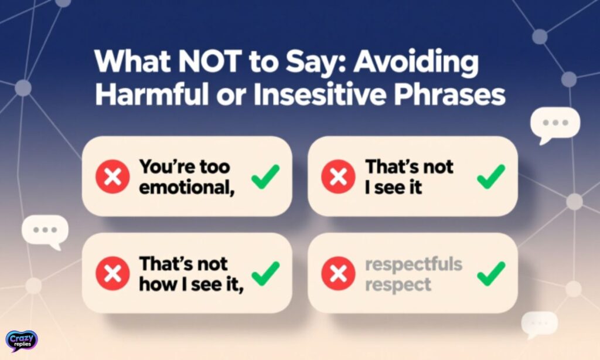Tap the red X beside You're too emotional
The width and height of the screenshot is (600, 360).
point(112,176)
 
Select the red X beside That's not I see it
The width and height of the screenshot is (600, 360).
point(339,176)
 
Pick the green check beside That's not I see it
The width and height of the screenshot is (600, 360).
point(491,176)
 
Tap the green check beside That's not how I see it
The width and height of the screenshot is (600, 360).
point(265,273)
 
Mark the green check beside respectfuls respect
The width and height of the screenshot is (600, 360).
point(491,273)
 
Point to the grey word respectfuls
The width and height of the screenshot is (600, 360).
point(414,264)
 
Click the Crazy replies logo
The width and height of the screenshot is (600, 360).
point(22,341)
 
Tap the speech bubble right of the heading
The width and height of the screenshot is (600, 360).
point(554,124)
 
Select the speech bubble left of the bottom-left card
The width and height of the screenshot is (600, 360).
point(45,230)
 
